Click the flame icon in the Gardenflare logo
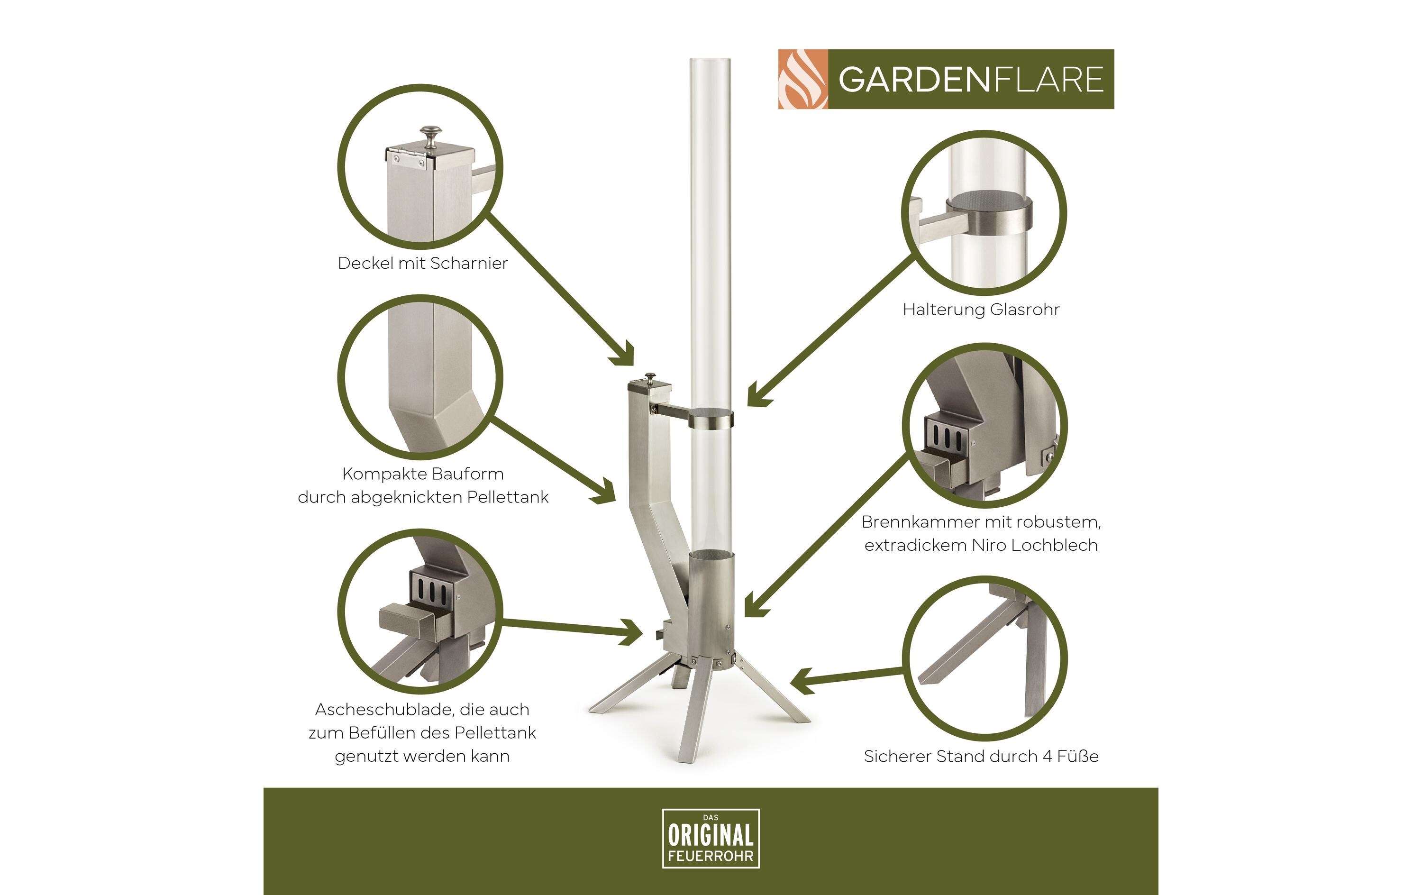click(802, 79)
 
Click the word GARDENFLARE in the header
click(970, 80)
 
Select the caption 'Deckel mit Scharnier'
click(422, 264)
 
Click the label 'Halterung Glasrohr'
click(981, 310)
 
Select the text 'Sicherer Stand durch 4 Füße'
click(981, 756)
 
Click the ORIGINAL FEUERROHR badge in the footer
click(711, 838)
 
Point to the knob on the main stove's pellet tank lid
click(650, 376)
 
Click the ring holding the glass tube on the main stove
click(711, 420)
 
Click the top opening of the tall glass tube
click(711, 60)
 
